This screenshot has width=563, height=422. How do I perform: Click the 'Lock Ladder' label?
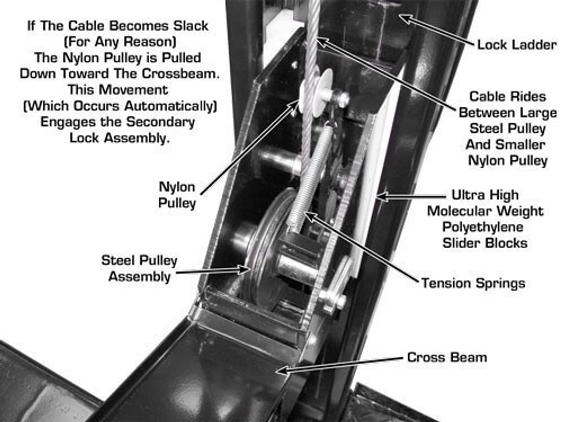pos(516,44)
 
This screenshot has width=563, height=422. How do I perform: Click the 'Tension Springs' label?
pos(473,282)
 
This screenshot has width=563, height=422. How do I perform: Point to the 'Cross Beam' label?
pos(447,357)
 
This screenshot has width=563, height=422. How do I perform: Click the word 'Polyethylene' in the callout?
pos(483,227)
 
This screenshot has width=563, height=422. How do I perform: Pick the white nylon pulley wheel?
pos(315,93)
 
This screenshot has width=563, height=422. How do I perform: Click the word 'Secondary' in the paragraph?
pos(168,122)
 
